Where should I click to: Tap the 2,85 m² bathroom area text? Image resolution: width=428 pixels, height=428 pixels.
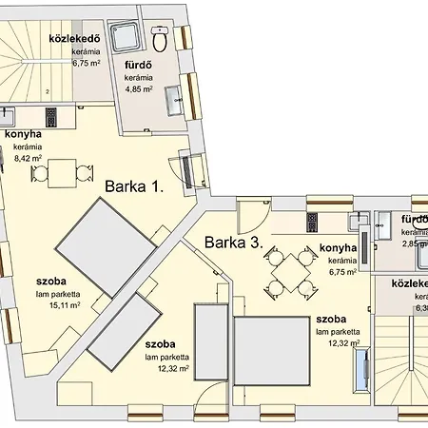tap(413, 243)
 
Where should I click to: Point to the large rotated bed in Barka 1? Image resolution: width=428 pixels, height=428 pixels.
tap(104, 237)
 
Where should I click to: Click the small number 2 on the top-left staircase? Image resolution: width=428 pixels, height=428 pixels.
tap(47, 92)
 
